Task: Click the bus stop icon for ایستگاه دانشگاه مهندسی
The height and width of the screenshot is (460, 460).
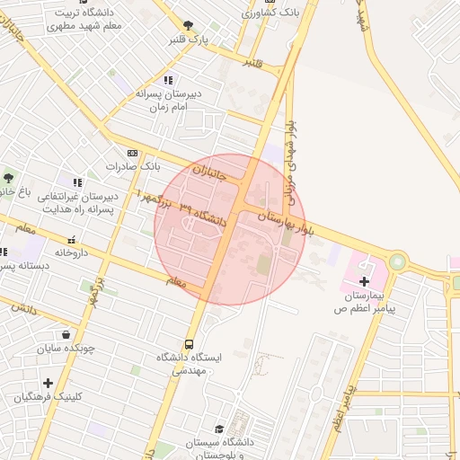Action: coord(190,343)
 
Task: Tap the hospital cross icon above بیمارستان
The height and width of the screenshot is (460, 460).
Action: coord(364,282)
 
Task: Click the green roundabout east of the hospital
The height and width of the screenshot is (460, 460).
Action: coord(396,261)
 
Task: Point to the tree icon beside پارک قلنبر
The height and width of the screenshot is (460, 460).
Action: coord(187,26)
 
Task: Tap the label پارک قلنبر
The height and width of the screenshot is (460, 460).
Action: coord(190,40)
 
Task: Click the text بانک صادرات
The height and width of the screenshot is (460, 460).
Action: coord(132,166)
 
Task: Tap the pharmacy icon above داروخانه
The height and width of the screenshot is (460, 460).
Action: coord(72,241)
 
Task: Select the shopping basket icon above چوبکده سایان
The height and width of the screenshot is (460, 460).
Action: coord(66,335)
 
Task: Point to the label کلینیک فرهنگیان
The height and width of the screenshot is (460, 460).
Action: coord(49,396)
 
